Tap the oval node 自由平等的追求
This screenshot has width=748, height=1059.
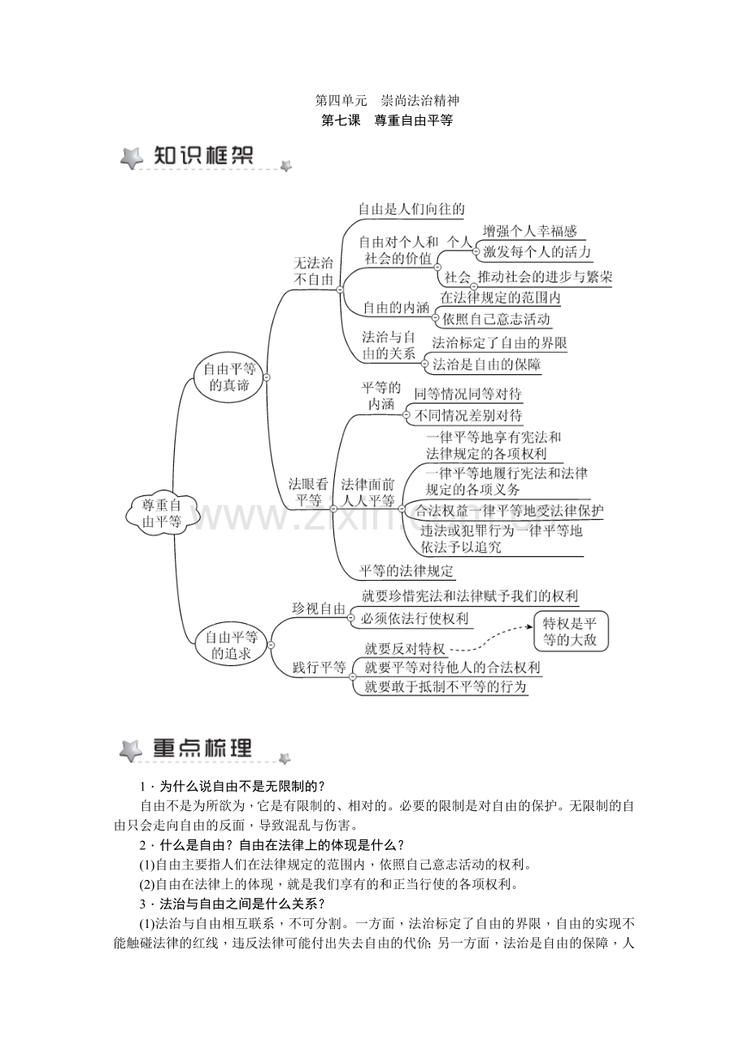tap(231, 644)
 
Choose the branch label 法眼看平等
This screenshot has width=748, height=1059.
tap(309, 491)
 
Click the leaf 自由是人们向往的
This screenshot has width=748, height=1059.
tap(411, 209)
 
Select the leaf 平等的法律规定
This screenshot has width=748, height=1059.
tap(407, 570)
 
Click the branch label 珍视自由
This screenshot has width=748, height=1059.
tap(319, 609)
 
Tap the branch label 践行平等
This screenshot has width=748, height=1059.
tap(319, 668)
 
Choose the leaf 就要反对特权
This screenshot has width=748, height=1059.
tap(405, 648)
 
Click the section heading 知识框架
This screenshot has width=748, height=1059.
tap(203, 156)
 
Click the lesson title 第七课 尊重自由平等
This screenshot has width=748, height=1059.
tap(387, 121)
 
